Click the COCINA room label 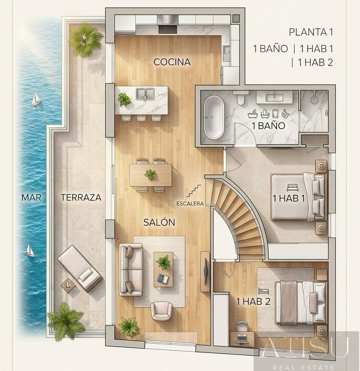tap(172, 62)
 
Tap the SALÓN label tap(159, 222)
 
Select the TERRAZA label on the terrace tap(81, 197)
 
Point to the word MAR tap(31, 197)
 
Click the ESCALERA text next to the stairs tap(190, 204)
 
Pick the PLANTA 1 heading tap(311, 32)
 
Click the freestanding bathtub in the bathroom tap(214, 117)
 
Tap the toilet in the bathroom tap(241, 98)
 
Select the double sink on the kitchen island tap(145, 94)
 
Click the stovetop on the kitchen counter tap(168, 29)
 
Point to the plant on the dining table tap(150, 175)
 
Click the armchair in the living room tap(161, 311)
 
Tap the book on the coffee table tap(163, 278)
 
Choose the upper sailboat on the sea tap(36, 99)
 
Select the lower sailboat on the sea tap(30, 251)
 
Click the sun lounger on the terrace tap(80, 268)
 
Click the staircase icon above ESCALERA tap(194, 191)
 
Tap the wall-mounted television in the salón tap(205, 271)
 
